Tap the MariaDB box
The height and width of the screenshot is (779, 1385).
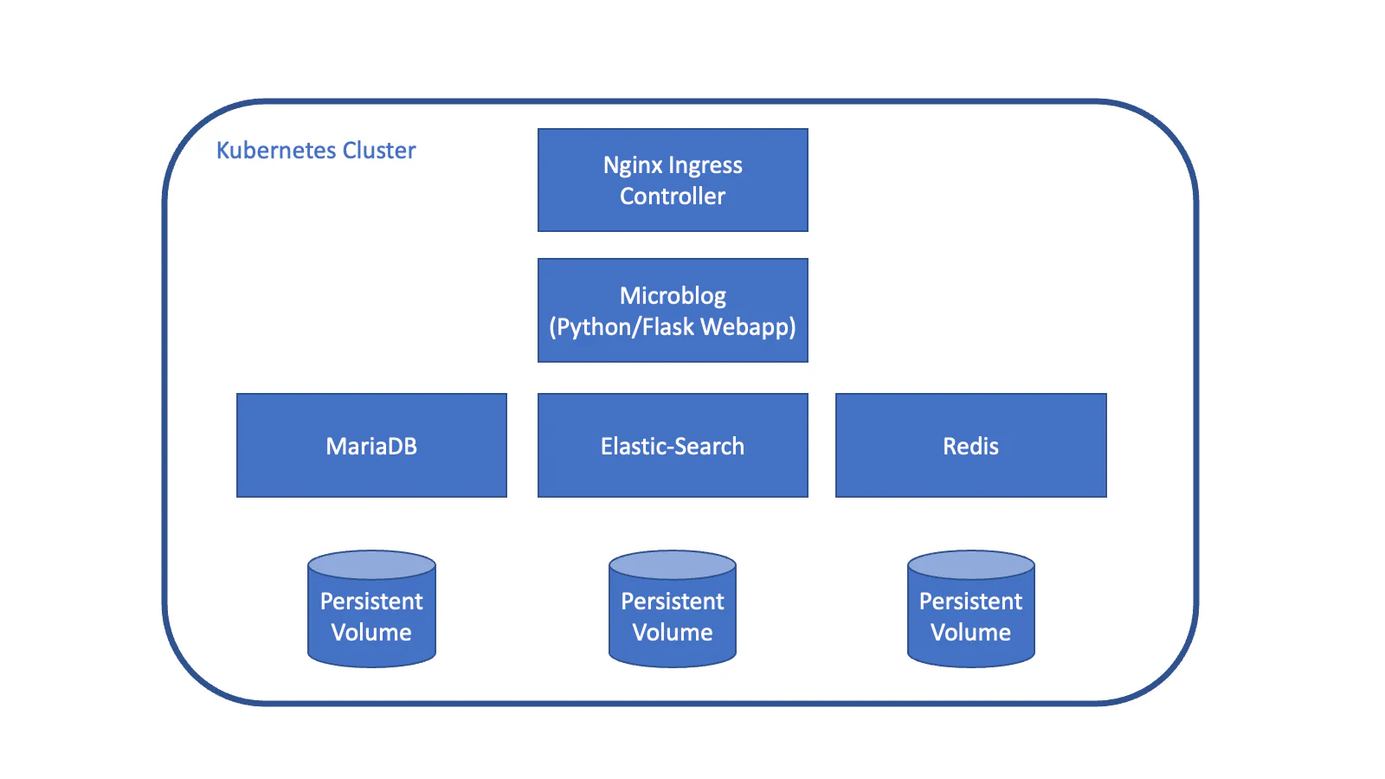(371, 446)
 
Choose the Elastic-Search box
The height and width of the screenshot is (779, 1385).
(673, 446)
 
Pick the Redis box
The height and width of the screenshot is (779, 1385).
(970, 446)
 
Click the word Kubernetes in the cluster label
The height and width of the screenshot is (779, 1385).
(275, 151)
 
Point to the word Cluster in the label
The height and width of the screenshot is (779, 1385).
(379, 151)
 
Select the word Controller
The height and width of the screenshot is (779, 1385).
(673, 196)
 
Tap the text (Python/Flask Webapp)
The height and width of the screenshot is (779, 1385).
(673, 327)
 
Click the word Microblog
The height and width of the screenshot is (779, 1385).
(673, 296)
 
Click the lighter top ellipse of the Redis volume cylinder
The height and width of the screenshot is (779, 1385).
(970, 565)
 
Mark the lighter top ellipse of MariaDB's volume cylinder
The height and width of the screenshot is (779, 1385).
(371, 565)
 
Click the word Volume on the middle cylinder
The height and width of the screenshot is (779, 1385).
(673, 633)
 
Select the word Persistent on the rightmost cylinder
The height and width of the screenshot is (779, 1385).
(970, 602)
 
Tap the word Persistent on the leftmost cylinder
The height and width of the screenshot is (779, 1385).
(371, 602)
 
